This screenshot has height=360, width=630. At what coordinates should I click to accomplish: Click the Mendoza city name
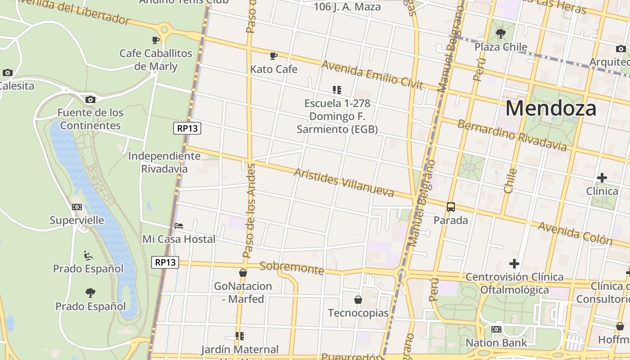(x=551, y=109)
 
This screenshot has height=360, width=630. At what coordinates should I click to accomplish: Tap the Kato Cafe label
(x=274, y=69)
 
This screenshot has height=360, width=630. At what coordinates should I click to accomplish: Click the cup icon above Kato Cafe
(x=273, y=56)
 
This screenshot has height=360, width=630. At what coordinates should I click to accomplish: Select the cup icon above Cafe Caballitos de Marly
(x=156, y=40)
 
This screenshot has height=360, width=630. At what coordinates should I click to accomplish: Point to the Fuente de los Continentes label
(x=90, y=119)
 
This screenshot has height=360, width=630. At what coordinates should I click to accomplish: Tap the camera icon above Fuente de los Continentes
(x=90, y=99)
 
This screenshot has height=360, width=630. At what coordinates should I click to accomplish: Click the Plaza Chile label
(x=500, y=47)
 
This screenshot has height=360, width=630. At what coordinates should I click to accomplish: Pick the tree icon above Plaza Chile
(x=500, y=33)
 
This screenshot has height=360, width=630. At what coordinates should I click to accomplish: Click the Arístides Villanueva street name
(x=344, y=183)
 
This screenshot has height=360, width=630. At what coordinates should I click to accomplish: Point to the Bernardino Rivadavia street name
(x=512, y=135)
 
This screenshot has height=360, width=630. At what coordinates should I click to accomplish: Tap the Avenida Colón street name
(x=575, y=233)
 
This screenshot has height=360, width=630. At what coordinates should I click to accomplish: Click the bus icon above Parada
(x=450, y=207)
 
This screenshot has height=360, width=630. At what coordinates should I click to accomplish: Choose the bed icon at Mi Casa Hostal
(x=179, y=226)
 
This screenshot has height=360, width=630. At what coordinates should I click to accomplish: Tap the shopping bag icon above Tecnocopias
(x=358, y=299)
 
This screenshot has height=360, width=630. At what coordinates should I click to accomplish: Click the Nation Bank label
(x=496, y=343)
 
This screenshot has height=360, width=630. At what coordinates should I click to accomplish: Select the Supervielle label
(x=76, y=220)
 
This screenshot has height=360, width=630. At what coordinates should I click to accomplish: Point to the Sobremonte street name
(x=292, y=268)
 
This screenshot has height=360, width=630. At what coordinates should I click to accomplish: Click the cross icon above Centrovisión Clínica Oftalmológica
(x=514, y=263)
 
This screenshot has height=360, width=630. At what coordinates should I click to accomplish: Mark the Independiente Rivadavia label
(x=164, y=162)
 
